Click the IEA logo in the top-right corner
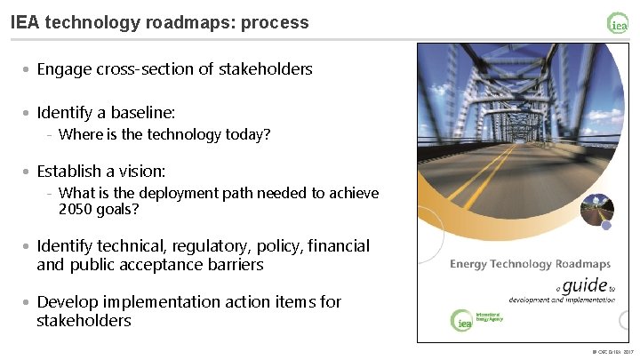pos(618,23)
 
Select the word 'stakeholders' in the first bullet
pos(265,68)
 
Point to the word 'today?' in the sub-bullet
pos(247,135)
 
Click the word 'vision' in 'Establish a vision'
pos(143,170)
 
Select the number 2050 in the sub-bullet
pos(75,210)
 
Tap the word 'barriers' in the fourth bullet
pos(234,265)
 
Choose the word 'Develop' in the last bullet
pos(66,301)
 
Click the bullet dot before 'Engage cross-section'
pos(28,69)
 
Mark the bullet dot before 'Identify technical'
pos(28,246)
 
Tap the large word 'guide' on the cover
pos(584,285)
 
